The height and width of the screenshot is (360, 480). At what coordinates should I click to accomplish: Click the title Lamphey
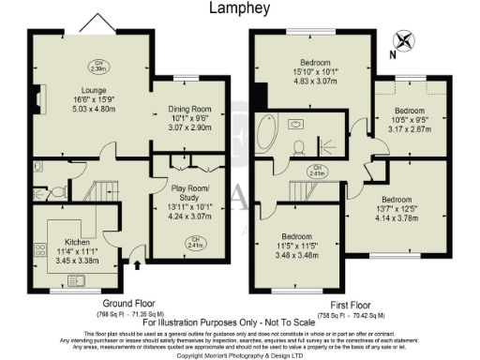point(241,8)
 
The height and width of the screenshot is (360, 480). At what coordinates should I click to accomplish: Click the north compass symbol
point(405,40)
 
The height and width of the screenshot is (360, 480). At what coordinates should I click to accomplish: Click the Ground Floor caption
point(128,305)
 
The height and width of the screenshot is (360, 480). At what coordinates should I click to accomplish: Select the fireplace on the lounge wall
point(36,97)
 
